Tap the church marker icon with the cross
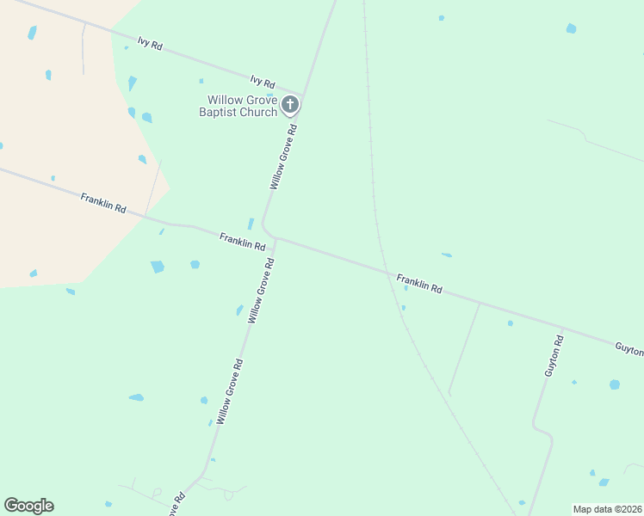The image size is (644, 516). [290, 106]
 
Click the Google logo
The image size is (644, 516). [28, 506]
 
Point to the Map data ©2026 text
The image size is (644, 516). [607, 509]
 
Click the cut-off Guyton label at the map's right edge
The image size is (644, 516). [629, 351]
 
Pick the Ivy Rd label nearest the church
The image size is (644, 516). [263, 83]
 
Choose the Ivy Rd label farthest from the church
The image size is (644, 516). [150, 43]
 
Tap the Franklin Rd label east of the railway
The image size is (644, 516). [419, 284]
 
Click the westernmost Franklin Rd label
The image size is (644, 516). [103, 204]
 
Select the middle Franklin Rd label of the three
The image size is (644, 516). [242, 241]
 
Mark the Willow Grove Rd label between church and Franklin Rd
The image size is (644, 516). [283, 157]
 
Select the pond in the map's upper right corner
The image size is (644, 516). [571, 28]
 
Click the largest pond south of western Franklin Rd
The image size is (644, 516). [158, 267]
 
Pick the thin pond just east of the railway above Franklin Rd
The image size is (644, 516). [447, 255]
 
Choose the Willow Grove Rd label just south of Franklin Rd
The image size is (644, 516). [261, 290]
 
